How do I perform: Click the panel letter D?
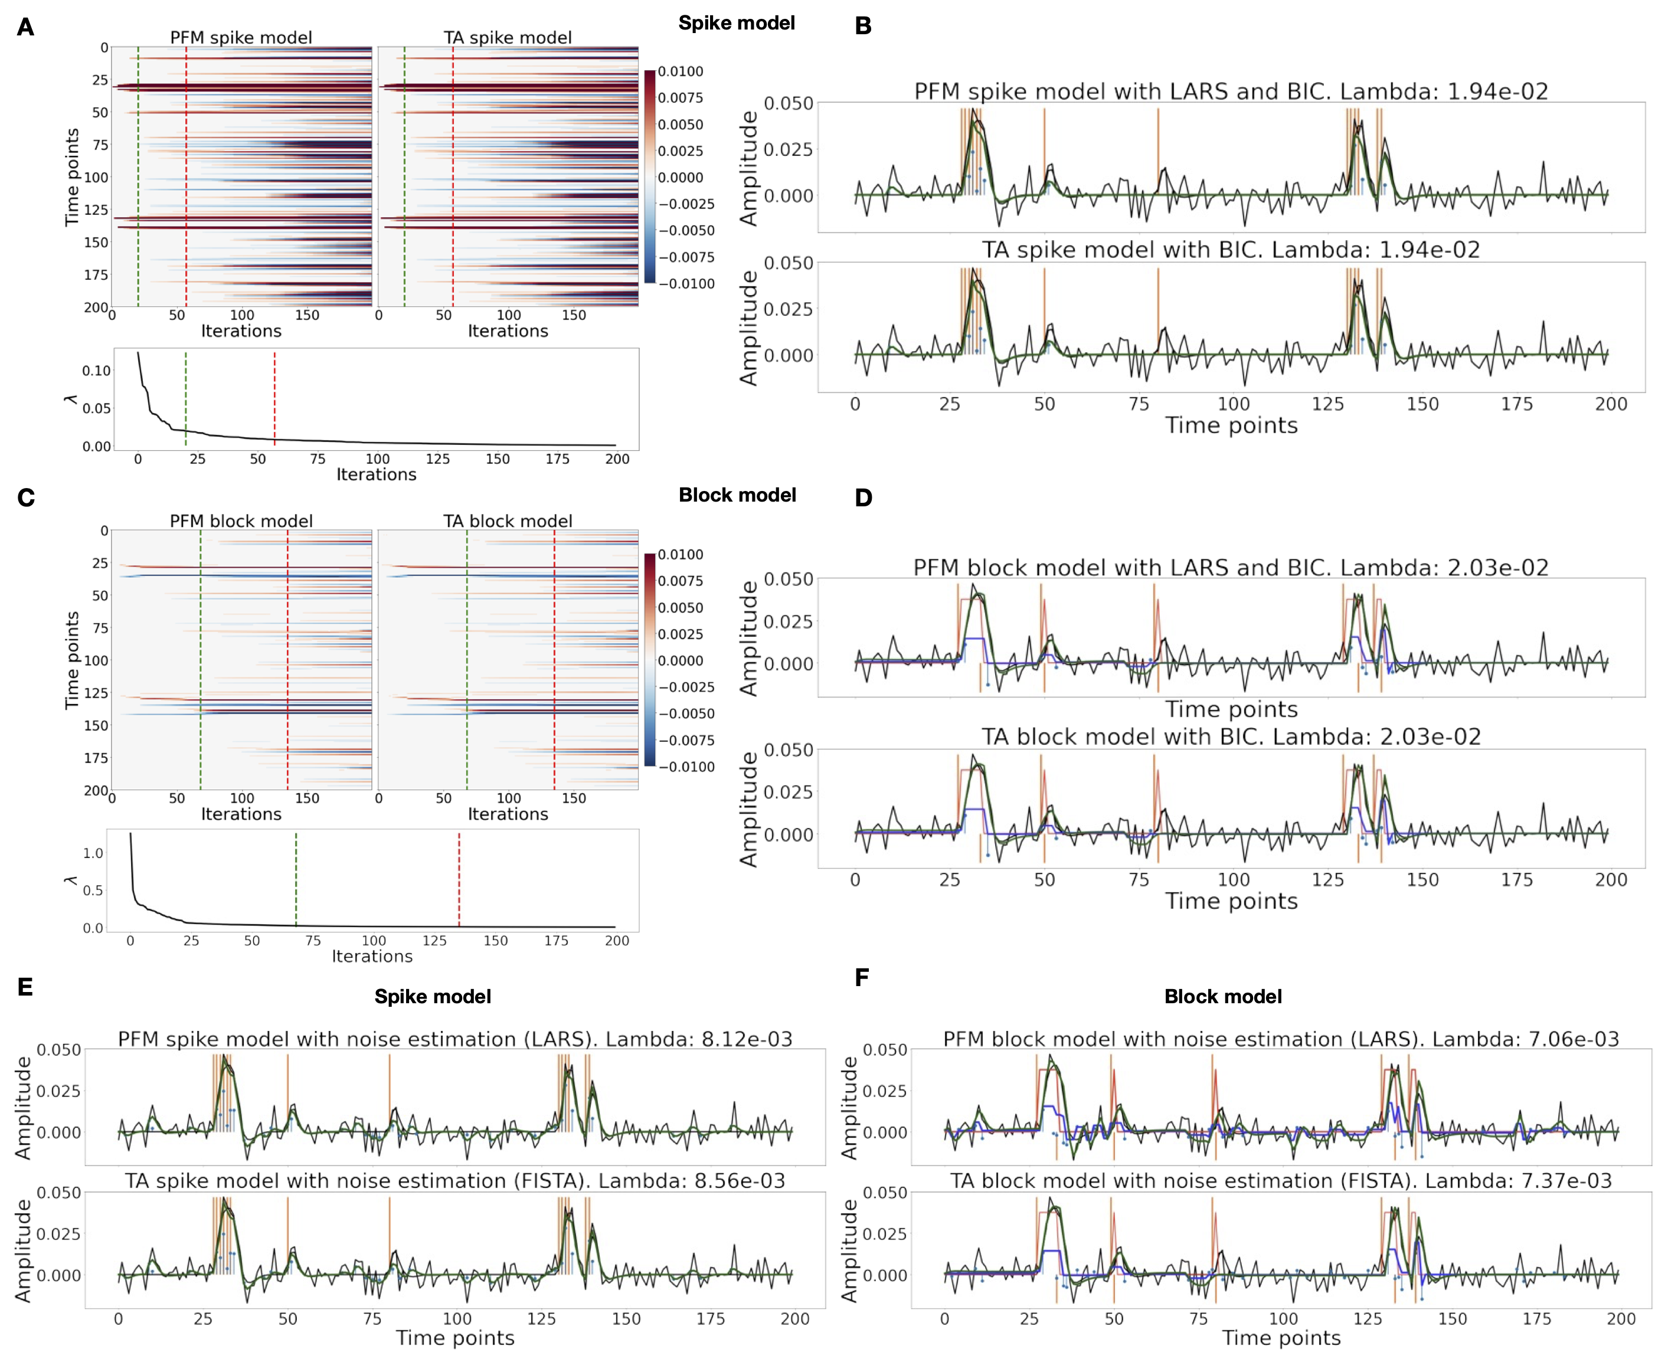coord(863,499)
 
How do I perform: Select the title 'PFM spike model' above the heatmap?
coord(241,37)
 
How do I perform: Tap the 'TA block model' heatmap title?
coord(507,521)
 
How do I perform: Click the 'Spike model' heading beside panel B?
coord(736,24)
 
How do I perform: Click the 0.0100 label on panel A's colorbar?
coord(680,71)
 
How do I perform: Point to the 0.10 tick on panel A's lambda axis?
coord(97,371)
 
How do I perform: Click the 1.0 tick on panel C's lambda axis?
coord(93,853)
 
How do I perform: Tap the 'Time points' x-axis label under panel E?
coord(455,1338)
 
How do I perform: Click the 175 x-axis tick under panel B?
coord(1516,404)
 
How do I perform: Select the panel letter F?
coord(861,978)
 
